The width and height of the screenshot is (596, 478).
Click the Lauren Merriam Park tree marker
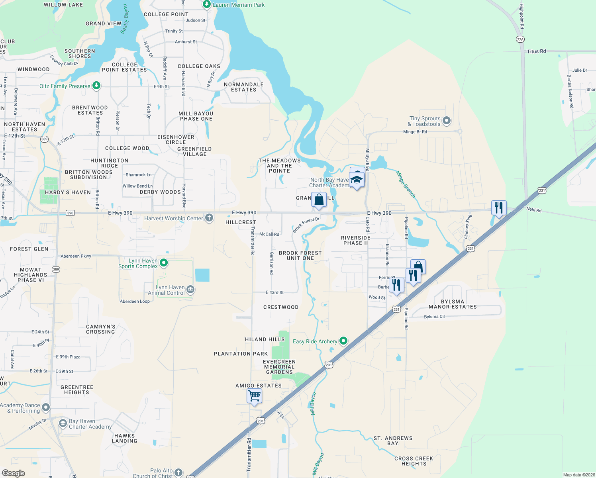206,4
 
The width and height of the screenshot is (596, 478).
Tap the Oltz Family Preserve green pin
96,86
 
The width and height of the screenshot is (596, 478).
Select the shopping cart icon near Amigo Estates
254,396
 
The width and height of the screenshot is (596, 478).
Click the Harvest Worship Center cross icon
209,217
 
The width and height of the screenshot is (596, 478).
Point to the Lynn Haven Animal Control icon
190,290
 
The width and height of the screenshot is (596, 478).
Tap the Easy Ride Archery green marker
343,341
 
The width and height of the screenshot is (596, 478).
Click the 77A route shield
520,39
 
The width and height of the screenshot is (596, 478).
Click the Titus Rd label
536,51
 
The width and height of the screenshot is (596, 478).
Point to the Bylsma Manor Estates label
453,304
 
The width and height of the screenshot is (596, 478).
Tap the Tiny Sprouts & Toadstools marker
447,120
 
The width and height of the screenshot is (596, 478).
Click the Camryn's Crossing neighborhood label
100,329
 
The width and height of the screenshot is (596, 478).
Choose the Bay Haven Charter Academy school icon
63,423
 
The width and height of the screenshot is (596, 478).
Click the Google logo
14,473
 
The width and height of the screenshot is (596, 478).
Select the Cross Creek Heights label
414,461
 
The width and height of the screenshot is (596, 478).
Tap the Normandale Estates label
244,87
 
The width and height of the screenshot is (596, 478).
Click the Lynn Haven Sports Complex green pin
163,263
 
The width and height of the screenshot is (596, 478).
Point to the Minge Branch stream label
406,184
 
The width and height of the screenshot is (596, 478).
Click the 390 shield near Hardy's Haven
70,213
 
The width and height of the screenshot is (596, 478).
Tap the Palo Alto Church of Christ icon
178,473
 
